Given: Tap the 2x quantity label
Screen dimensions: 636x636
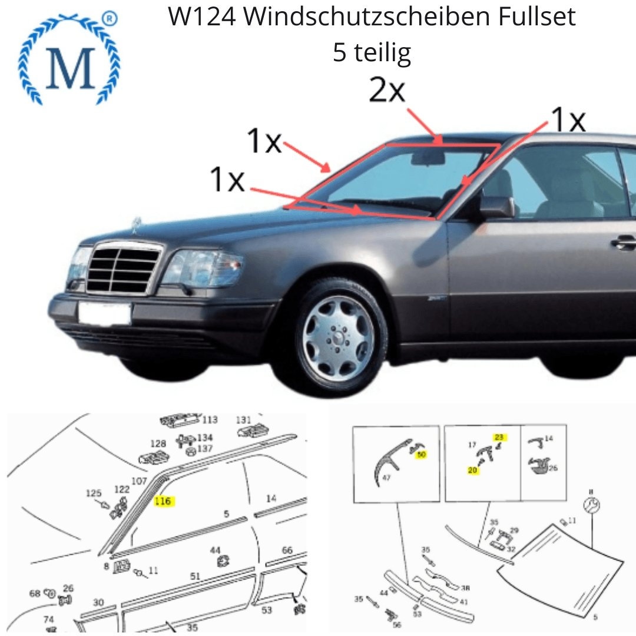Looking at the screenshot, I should click(387, 91).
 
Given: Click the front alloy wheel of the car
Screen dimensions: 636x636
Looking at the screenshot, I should click(338, 339).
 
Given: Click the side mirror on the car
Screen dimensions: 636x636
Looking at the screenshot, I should click(496, 207).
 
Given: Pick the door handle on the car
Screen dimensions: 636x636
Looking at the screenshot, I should click(624, 241).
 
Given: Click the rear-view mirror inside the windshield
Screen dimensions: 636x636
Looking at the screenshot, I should click(428, 157).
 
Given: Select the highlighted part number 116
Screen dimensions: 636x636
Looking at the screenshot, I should click(164, 501).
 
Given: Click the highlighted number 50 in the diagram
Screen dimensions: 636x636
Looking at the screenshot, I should click(421, 455).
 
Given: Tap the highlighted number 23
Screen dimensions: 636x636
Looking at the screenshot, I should click(499, 437).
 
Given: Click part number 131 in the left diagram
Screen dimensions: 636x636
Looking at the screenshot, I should click(243, 420).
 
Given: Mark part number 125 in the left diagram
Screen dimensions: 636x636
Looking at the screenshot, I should click(94, 493).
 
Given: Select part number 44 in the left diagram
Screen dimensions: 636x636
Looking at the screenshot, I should click(216, 550).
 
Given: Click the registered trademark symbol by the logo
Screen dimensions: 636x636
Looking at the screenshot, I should click(109, 19).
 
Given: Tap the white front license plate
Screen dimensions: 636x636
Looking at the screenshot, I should click(104, 313).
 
